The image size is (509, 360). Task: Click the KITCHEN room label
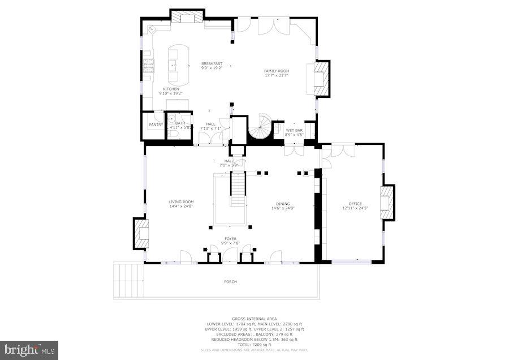coord(171,89)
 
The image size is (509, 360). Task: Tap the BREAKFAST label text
coord(212,64)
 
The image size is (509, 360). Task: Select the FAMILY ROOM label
coord(276,71)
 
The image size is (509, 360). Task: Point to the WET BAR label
coord(294,130)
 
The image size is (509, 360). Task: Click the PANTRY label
coord(156,125)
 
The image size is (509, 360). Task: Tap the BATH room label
coord(180,123)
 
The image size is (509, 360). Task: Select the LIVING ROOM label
coord(181,202)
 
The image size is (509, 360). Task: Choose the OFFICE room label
coord(355,204)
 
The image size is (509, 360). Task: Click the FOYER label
coord(230,239)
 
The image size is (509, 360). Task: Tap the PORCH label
coord(230,281)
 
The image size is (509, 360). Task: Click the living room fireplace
coord(140,233)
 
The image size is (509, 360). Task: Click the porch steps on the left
coord(128,280)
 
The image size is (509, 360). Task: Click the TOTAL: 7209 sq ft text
coord(255,344)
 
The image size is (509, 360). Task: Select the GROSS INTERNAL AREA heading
coord(255,319)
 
